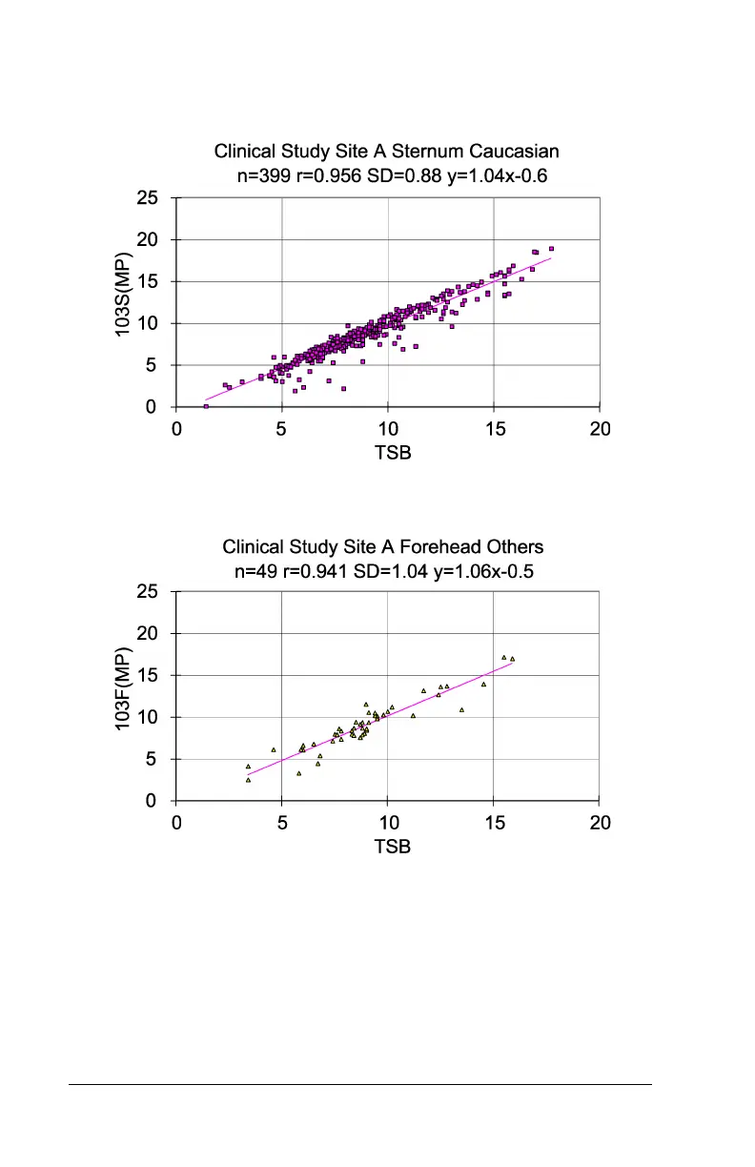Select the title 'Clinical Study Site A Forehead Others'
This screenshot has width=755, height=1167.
(x=383, y=547)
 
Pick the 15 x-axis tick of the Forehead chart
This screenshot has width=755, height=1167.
(x=494, y=823)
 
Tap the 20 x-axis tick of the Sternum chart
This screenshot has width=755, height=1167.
(x=600, y=429)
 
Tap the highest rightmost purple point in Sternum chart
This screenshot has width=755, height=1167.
(x=551, y=249)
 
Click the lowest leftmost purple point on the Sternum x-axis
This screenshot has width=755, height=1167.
(x=206, y=406)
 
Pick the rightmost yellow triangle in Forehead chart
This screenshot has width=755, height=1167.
(x=512, y=659)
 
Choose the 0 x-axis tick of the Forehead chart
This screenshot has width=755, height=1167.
(x=176, y=823)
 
